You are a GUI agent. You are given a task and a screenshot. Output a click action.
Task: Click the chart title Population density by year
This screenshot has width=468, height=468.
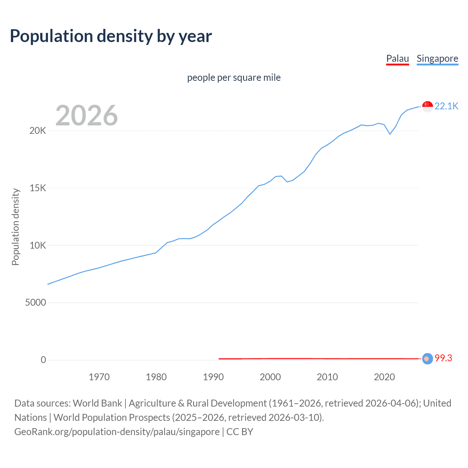[x=111, y=36]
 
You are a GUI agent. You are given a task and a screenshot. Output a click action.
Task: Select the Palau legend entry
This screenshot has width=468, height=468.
[x=397, y=58]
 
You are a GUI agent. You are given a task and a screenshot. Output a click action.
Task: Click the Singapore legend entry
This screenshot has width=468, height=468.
[x=437, y=58]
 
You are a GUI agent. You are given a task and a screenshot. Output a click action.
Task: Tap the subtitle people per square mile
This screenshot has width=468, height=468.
[x=234, y=78]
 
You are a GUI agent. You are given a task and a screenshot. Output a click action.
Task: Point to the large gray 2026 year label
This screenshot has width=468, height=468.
[x=87, y=116]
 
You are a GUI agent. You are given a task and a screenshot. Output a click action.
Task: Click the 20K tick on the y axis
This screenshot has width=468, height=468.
[x=38, y=131]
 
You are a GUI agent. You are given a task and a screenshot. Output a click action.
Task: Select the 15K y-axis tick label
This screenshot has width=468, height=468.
[x=38, y=188]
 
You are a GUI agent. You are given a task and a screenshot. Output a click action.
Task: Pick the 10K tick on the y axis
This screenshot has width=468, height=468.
[x=38, y=245]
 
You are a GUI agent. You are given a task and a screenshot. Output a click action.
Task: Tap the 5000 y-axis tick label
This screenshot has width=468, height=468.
[x=35, y=303]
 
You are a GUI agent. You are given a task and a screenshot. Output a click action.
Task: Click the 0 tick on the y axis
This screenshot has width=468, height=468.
[x=44, y=360]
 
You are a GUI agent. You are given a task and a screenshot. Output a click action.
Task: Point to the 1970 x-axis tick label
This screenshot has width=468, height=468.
[x=99, y=377]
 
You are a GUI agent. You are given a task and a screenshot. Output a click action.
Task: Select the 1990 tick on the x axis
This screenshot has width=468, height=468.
[x=213, y=377]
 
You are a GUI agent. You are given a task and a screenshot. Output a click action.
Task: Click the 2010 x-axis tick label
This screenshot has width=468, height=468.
[x=327, y=377]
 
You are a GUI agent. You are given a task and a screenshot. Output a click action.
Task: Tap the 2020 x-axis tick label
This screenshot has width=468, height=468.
[x=384, y=377]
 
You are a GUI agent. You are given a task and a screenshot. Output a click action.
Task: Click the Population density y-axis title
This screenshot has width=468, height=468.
[x=15, y=227]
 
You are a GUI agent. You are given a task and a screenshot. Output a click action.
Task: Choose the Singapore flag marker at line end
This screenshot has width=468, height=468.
[x=427, y=106]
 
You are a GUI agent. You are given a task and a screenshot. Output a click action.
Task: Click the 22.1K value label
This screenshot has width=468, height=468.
[x=446, y=106]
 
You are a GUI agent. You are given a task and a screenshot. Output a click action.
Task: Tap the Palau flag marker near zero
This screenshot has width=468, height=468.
[x=427, y=359]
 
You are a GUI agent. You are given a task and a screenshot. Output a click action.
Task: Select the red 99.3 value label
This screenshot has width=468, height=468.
[x=443, y=358]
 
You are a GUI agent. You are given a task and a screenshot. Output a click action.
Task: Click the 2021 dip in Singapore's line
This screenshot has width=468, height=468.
[x=390, y=134]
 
